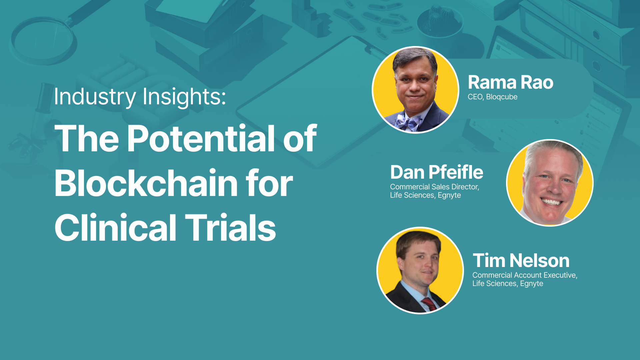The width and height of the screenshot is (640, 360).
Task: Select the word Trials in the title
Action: coord(230,227)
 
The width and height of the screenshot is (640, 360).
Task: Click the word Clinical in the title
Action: coord(115,227)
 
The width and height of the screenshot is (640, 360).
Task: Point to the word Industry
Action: coord(95,97)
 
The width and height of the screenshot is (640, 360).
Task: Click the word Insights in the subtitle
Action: coord(184,97)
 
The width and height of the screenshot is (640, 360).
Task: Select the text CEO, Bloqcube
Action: coord(492,97)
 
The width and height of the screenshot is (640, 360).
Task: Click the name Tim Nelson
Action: coord(521,260)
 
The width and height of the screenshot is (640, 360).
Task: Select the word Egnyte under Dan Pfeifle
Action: coord(449,195)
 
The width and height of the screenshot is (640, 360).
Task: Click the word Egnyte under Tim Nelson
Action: coord(532,284)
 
